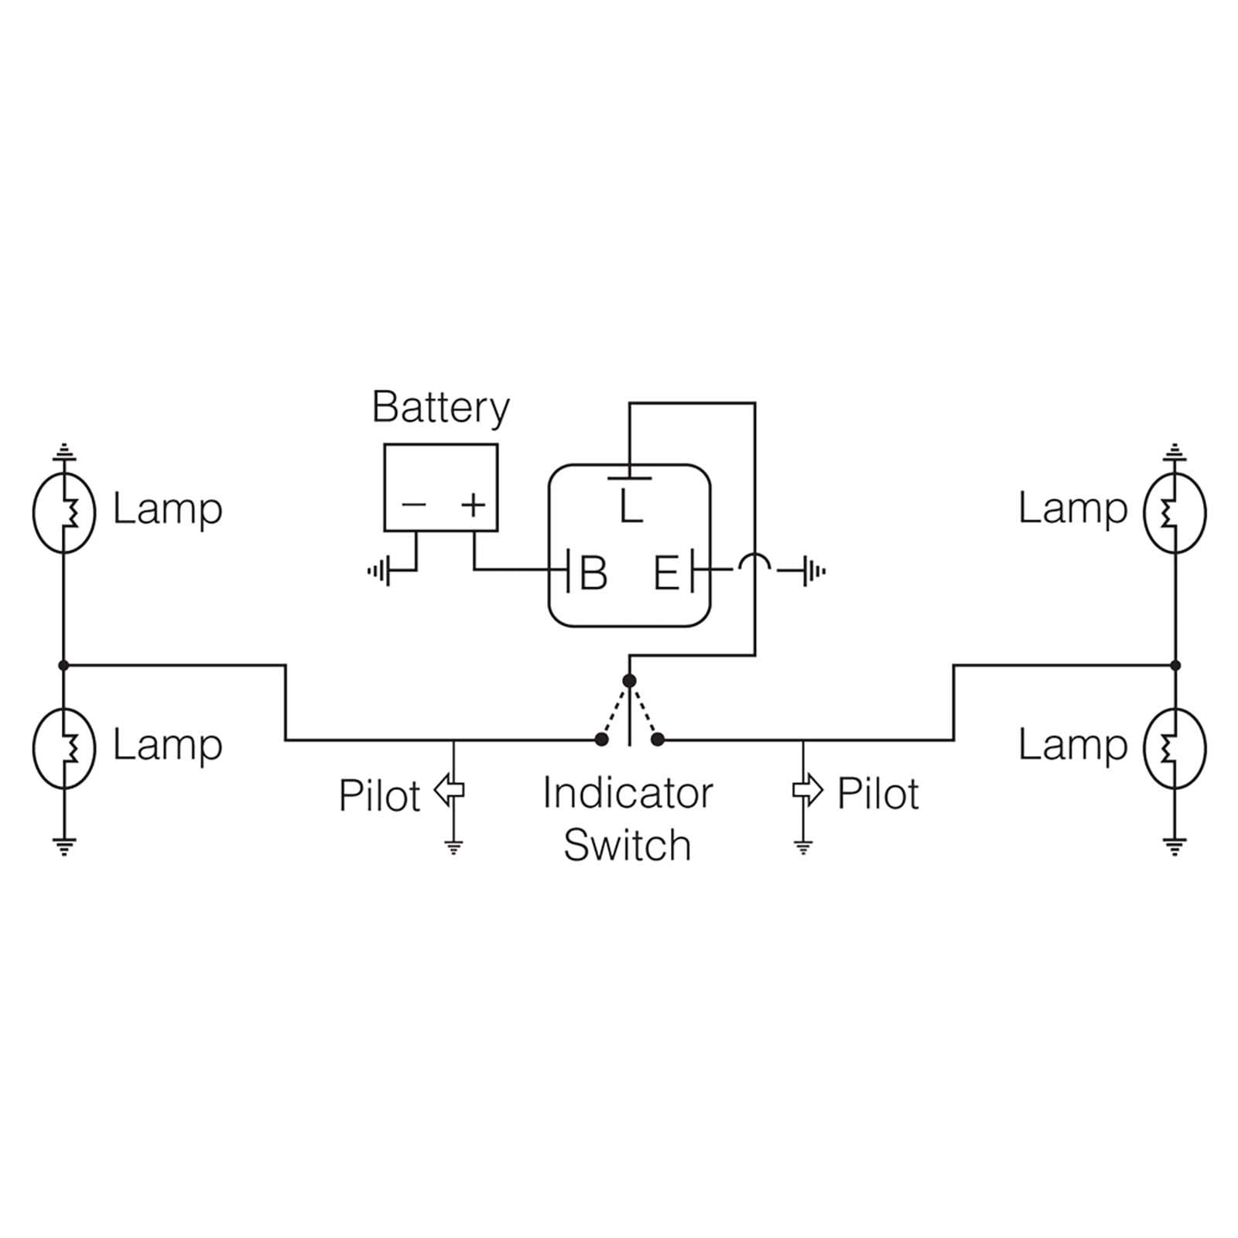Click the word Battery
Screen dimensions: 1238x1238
[x=440, y=408]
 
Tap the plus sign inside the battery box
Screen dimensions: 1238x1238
[x=473, y=505]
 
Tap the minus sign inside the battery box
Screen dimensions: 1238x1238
[x=414, y=505]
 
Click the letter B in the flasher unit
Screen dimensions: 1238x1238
[x=593, y=573]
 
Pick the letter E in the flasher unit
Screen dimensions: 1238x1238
[x=666, y=573]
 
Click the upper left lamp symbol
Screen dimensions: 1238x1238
[x=64, y=512]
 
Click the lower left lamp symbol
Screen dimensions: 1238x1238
[x=64, y=747]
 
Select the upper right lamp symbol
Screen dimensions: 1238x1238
[x=1175, y=512]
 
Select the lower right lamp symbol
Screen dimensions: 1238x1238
[x=1175, y=747]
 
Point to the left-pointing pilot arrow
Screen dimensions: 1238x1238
[x=450, y=790]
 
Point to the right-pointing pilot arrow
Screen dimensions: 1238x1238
[x=808, y=790]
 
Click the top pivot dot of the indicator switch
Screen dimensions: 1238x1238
[x=629, y=681]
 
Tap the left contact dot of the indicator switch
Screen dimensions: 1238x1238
[x=601, y=740]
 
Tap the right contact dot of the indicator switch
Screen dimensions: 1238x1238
[x=658, y=740]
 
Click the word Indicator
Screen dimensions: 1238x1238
[x=628, y=793]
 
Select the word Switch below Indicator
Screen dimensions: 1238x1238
[x=627, y=845]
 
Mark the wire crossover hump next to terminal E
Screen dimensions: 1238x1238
[x=754, y=563]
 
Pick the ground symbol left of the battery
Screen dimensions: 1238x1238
[x=379, y=572]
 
